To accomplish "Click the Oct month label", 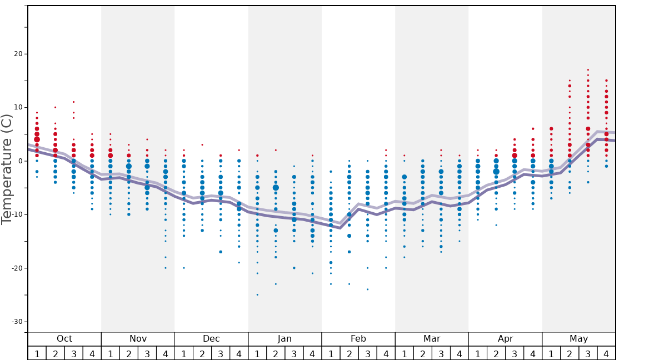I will click(x=64, y=339).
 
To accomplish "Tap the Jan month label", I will click(x=284, y=339).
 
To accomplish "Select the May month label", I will click(x=578, y=339).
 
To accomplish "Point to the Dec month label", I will click(x=211, y=339).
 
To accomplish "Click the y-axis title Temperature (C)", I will click(x=7, y=169).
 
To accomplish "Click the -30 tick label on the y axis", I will click(x=16, y=322).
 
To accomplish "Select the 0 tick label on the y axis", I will click(x=21, y=161).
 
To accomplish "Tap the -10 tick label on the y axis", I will click(x=16, y=214).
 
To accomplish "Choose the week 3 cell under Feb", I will click(x=367, y=353).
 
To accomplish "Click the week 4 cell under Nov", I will click(x=166, y=353).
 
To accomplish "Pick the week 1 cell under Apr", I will click(x=477, y=353).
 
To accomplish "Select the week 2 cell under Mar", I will click(x=422, y=353).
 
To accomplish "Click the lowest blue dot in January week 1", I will click(x=257, y=294).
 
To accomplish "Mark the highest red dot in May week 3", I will click(x=588, y=70).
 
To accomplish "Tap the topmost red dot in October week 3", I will click(x=73, y=102).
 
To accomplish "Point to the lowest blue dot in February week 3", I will click(x=367, y=289).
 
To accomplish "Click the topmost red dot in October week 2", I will click(x=55, y=107).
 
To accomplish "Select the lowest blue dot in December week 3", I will click(x=221, y=252).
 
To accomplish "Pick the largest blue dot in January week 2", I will click(x=276, y=188).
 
